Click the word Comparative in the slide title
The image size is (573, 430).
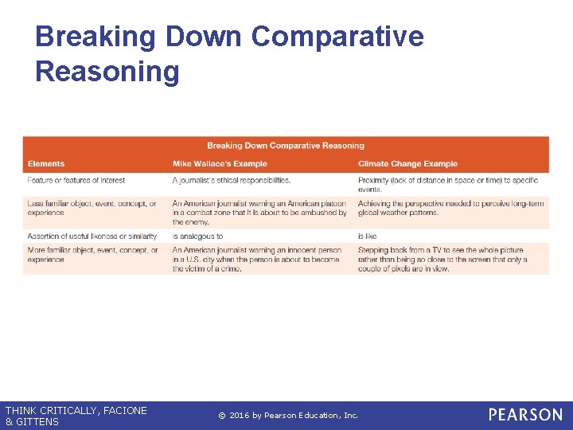[x=337, y=37]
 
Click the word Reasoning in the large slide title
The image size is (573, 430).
[x=107, y=72]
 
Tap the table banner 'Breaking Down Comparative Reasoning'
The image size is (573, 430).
[x=286, y=146]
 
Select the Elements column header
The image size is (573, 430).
[x=46, y=164]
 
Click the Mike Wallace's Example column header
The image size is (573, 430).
[x=220, y=164]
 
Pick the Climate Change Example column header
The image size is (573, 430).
[x=407, y=164]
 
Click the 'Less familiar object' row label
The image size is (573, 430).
[x=92, y=208]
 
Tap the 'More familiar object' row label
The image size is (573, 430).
[x=92, y=255]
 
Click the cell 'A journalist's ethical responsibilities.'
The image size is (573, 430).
[x=232, y=181]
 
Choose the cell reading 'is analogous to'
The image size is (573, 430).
[x=197, y=236]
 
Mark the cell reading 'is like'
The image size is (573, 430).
[x=367, y=236]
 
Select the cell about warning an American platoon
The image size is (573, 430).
[x=259, y=213]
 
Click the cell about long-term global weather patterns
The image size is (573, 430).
[x=450, y=208]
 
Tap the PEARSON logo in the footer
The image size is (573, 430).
[x=524, y=415]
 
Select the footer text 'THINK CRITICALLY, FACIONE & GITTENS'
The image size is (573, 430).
[x=76, y=416]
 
